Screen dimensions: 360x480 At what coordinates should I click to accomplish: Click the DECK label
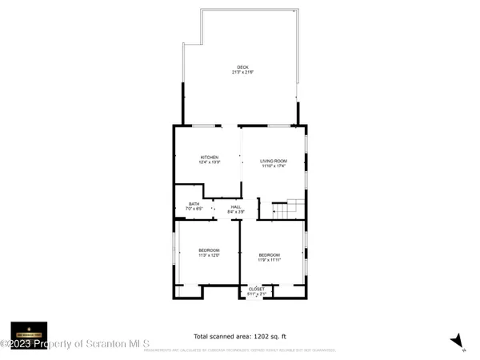[x=242, y=66]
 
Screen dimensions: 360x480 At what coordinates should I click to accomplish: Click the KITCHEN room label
[x=210, y=158]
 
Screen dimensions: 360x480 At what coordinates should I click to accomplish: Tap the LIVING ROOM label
[x=274, y=161]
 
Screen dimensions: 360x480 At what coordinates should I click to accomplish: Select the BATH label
[x=194, y=204]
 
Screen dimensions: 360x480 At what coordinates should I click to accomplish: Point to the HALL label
[x=236, y=207]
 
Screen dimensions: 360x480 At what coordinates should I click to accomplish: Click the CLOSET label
[x=256, y=289]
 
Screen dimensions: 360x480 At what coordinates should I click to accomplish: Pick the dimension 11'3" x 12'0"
[x=210, y=255]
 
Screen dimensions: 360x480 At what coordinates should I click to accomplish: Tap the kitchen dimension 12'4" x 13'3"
[x=210, y=162]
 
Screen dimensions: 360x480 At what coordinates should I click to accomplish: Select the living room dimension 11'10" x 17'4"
[x=274, y=166]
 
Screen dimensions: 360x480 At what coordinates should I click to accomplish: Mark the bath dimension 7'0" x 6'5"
[x=194, y=209]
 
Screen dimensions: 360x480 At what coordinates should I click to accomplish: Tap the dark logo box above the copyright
[x=29, y=331]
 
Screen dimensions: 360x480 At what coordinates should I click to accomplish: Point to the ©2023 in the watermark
[x=20, y=345]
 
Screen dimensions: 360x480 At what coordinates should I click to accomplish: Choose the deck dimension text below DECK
[x=242, y=72]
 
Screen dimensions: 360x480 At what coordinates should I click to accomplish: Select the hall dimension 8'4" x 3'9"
[x=236, y=212]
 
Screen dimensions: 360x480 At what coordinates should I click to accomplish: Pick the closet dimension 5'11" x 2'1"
[x=256, y=294]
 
